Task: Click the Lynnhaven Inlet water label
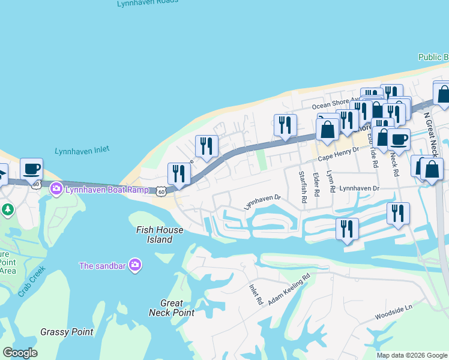(x=82, y=151)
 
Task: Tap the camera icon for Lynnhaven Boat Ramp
(x=56, y=189)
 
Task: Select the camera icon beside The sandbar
(x=134, y=265)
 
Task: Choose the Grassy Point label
(x=67, y=332)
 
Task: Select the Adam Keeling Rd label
(x=289, y=287)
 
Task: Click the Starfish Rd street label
(x=303, y=187)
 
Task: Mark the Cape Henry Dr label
(x=337, y=154)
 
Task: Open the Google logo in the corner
(x=20, y=353)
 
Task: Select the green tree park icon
(x=7, y=209)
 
